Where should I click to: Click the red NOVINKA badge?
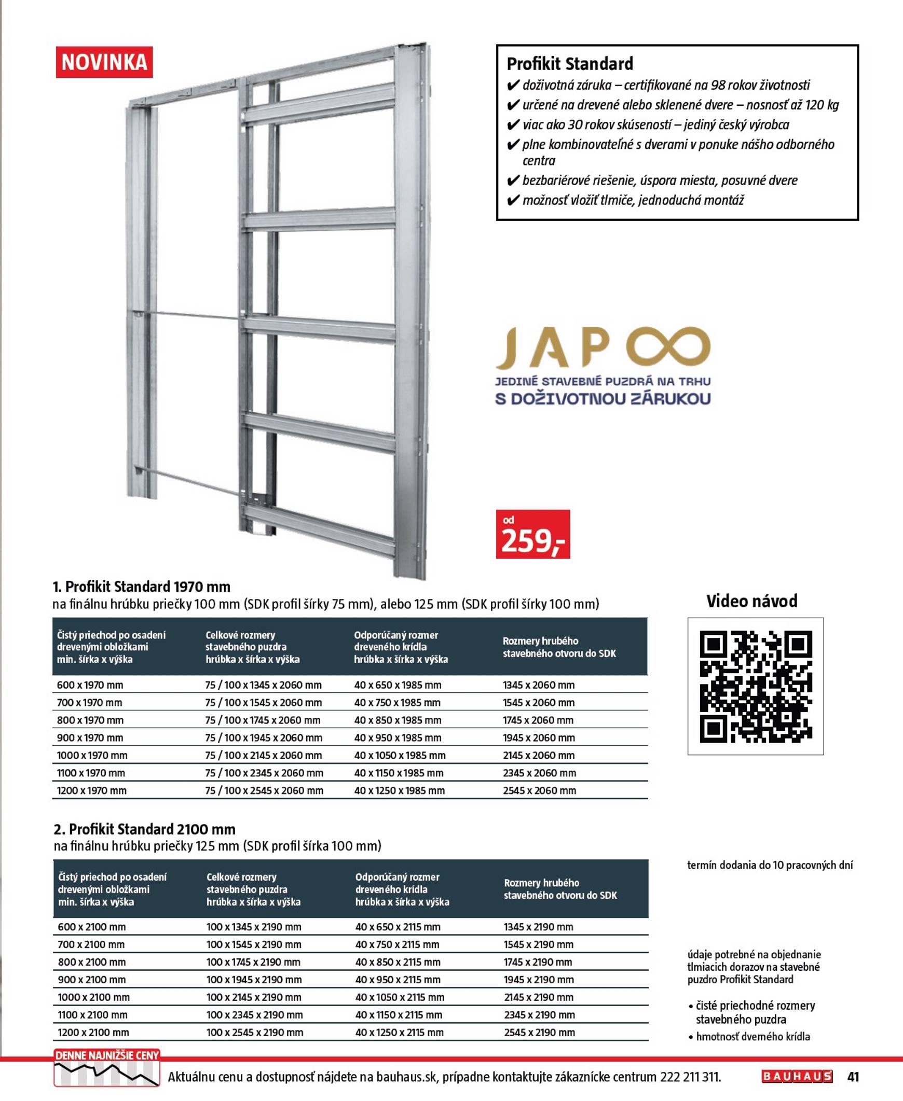tap(104, 62)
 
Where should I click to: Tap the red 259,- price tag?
tap(532, 534)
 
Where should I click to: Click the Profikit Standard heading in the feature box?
tap(570, 64)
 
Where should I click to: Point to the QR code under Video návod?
tap(755, 686)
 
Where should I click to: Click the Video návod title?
tap(751, 601)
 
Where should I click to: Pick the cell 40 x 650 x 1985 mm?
tap(398, 685)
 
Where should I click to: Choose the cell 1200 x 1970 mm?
tap(91, 791)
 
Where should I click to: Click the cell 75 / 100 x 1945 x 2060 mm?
tap(264, 737)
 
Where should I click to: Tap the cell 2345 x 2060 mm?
tap(539, 773)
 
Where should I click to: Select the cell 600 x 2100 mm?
tap(91, 927)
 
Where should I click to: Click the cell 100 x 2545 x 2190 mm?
tap(255, 1033)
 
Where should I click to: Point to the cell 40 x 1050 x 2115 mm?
tap(400, 997)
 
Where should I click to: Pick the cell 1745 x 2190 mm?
tap(538, 962)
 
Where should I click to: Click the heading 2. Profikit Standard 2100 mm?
tap(145, 829)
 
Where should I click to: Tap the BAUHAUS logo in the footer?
tap(797, 1077)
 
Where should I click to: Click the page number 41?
tap(853, 1077)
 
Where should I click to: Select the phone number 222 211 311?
tap(690, 1077)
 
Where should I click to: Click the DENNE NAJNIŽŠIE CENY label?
tap(106, 1056)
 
